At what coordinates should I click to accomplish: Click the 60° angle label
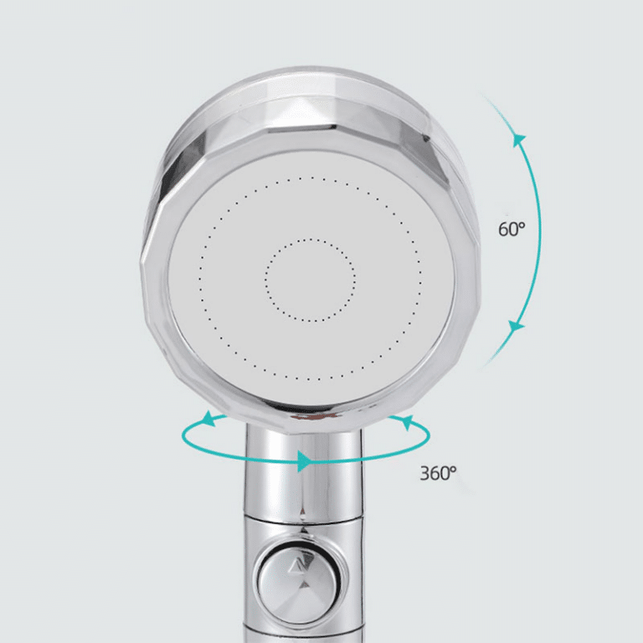pyautogui.click(x=512, y=229)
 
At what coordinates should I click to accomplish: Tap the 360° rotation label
pyautogui.click(x=438, y=473)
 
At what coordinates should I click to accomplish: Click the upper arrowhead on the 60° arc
pyautogui.click(x=519, y=140)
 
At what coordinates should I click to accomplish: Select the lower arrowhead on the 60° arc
pyautogui.click(x=516, y=327)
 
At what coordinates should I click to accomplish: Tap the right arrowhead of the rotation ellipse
pyautogui.click(x=407, y=422)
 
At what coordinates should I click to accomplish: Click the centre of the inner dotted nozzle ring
pyautogui.click(x=310, y=280)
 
